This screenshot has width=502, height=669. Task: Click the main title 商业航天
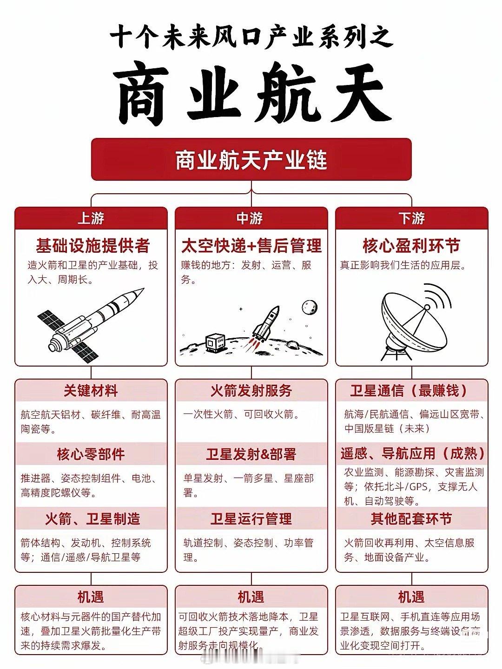click(251, 98)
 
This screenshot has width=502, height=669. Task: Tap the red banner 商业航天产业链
click(251, 159)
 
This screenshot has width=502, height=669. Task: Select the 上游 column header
click(91, 218)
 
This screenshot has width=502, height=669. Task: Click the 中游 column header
click(251, 218)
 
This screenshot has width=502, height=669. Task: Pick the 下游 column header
click(411, 218)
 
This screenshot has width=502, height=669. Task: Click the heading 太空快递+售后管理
click(251, 246)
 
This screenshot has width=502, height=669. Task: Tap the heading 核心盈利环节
click(411, 246)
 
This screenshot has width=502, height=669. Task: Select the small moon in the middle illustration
click(310, 307)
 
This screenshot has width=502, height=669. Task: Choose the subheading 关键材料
click(91, 391)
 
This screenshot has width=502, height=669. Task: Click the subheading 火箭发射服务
click(251, 391)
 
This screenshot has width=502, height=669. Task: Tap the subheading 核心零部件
click(91, 454)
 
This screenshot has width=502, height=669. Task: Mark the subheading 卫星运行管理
click(251, 518)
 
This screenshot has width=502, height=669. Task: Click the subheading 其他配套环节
click(411, 518)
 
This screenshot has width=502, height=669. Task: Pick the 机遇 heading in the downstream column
click(411, 597)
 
